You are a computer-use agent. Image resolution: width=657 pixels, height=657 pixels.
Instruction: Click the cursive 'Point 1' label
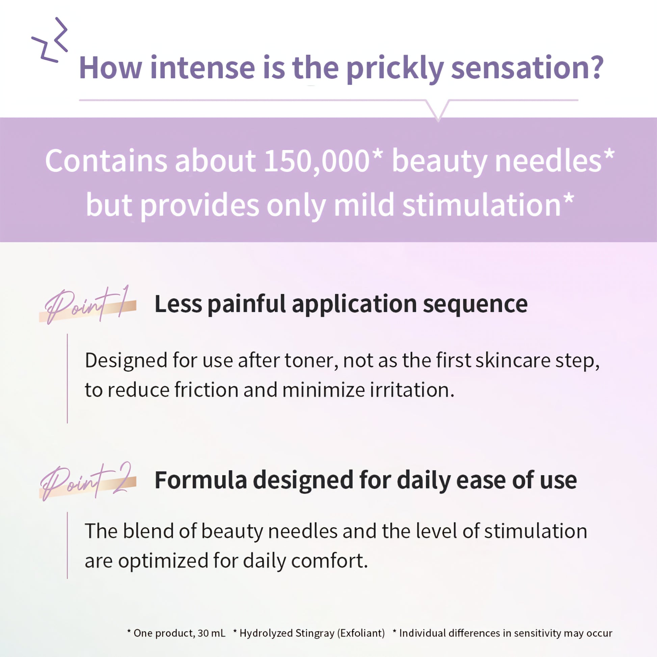coord(88,304)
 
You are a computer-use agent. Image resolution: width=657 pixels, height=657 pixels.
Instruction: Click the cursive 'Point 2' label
coord(88,480)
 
